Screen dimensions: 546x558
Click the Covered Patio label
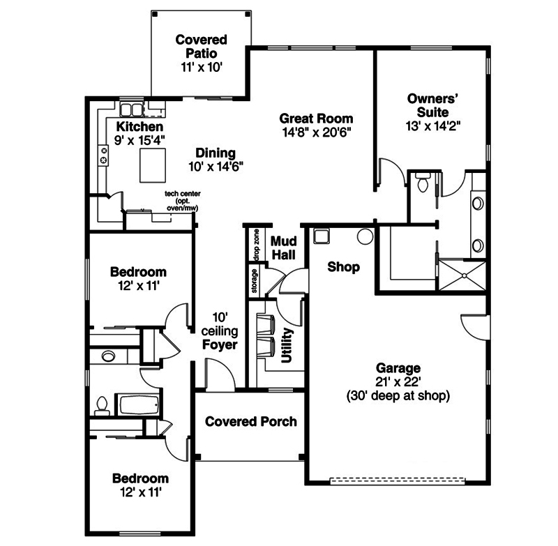pyautogui.click(x=201, y=46)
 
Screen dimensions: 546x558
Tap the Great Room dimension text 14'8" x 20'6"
pyautogui.click(x=316, y=131)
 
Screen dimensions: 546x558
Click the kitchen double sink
pyautogui.click(x=130, y=109)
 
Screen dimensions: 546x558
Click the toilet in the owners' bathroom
pyautogui.click(x=421, y=183)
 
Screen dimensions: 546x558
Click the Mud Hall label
pyautogui.click(x=285, y=248)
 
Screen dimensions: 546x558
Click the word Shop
pyautogui.click(x=343, y=267)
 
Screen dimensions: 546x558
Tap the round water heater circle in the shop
pyautogui.click(x=365, y=236)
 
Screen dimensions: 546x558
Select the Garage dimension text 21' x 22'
pyautogui.click(x=398, y=382)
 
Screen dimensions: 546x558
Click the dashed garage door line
pyautogui.click(x=398, y=480)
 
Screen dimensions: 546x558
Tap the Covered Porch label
pyautogui.click(x=250, y=421)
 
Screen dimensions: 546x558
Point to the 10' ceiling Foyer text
pyautogui.click(x=220, y=331)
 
